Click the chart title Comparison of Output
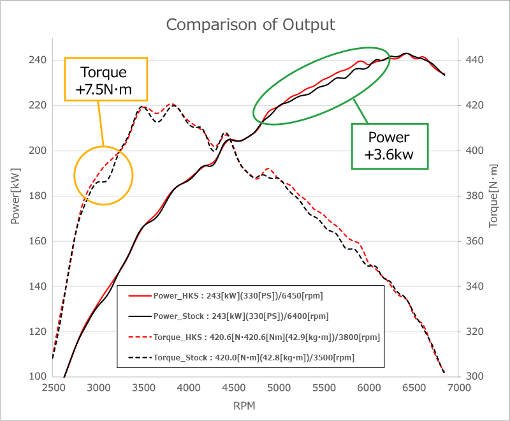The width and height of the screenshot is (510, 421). click(251, 25)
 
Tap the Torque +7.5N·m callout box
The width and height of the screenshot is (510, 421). click(106, 80)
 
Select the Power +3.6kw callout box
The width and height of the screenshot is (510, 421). click(390, 146)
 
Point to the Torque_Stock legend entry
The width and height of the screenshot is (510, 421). click(253, 358)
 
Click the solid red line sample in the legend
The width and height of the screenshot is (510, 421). click(140, 297)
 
